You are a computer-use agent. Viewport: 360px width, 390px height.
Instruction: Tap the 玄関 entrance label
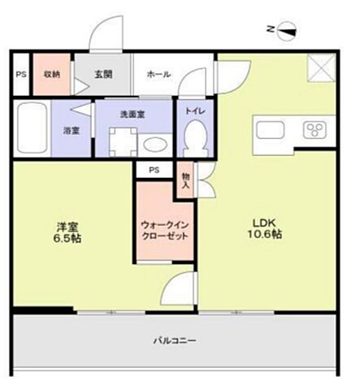point(102,74)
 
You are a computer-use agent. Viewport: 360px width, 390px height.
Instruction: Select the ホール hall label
point(158,74)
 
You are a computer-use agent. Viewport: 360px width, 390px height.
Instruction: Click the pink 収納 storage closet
point(52,74)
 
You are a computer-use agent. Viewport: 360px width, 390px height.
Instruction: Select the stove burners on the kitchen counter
point(314,130)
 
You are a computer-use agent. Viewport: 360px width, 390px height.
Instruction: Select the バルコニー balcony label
point(174,340)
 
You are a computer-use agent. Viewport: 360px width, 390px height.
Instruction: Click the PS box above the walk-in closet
point(154,170)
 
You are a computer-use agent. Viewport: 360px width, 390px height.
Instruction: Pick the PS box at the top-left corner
point(20,75)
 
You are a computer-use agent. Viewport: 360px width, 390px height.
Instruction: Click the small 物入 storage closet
point(186,180)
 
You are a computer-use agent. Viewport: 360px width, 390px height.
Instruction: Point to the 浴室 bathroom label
point(72,129)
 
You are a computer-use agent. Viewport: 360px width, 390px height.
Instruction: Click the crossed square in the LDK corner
point(319,67)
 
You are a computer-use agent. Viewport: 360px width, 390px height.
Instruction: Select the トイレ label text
point(194,110)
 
